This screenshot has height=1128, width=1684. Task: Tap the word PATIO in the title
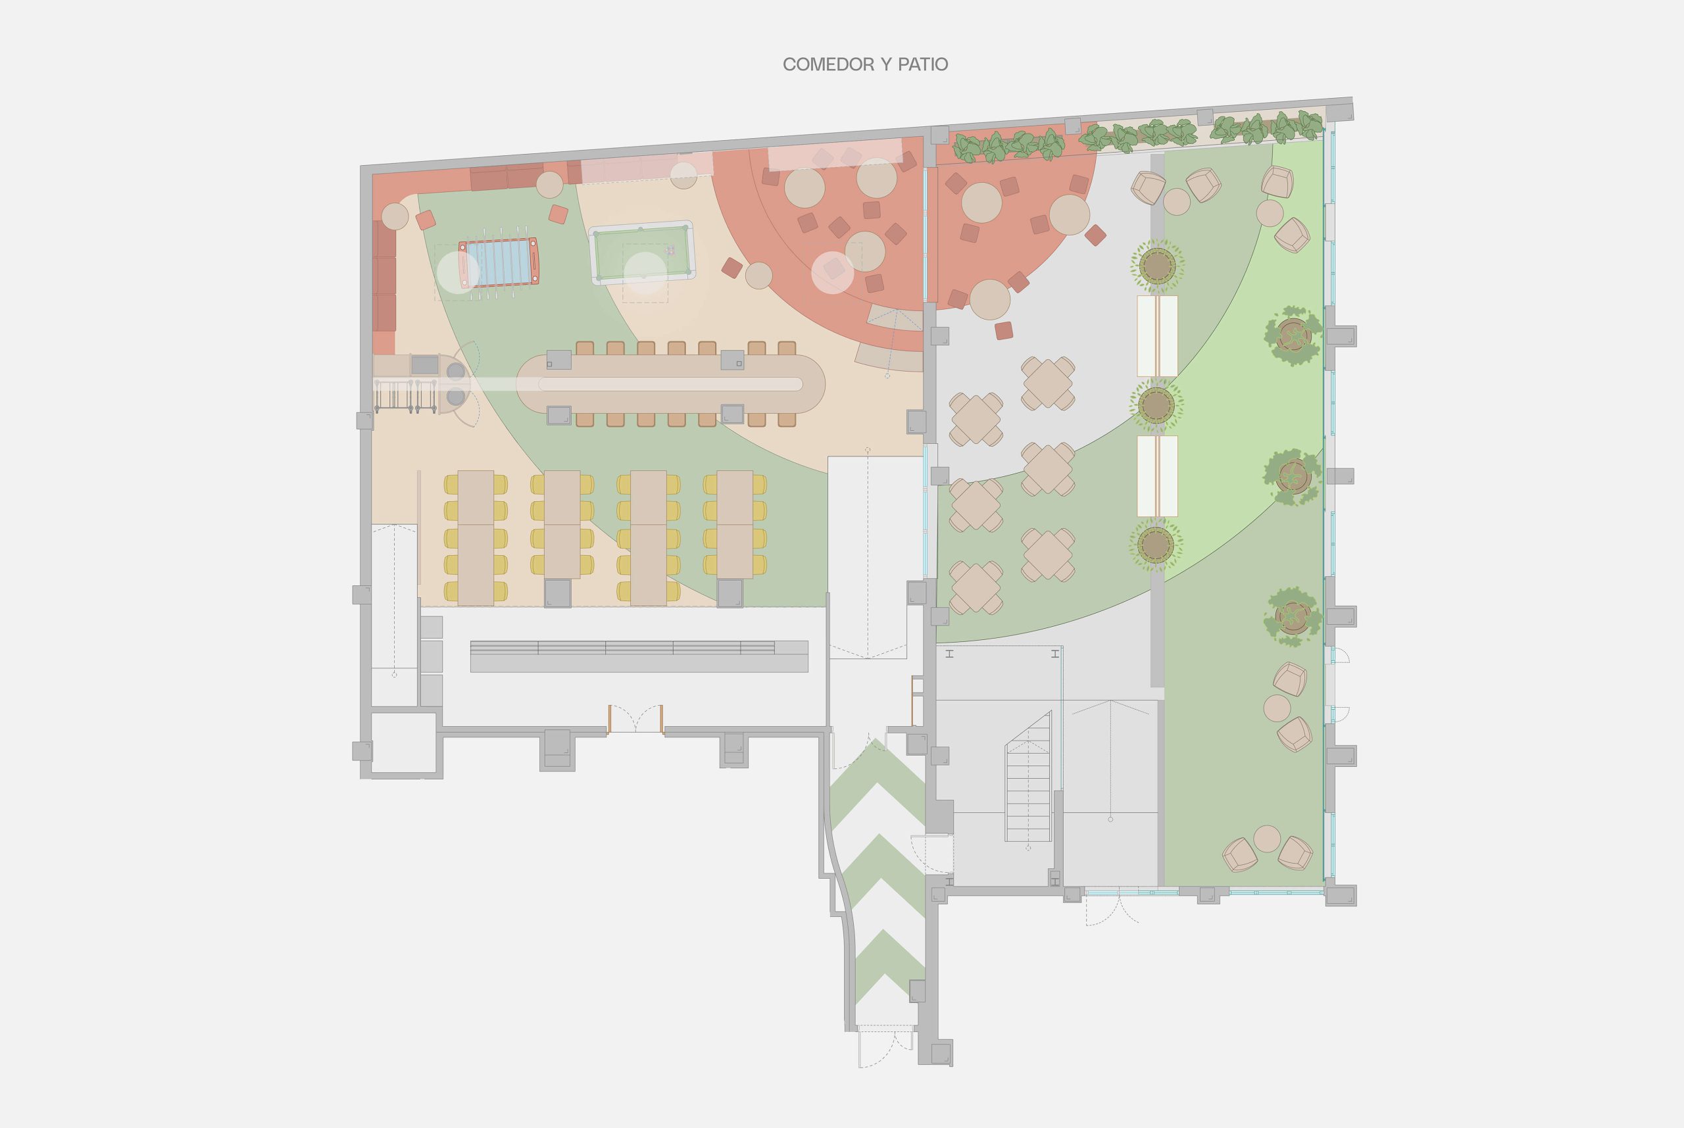coord(922,64)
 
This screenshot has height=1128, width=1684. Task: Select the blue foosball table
coord(499,262)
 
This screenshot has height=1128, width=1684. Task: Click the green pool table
coord(641,253)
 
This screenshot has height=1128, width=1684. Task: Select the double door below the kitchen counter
coord(635,720)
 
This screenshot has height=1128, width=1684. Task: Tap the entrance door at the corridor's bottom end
coord(885,1047)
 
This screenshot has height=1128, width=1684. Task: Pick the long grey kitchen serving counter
coord(639,656)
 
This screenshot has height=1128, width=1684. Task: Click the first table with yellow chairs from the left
coord(476,537)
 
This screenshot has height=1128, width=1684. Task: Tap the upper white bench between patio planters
coord(1156,336)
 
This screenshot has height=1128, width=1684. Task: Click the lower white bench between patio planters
coord(1156,476)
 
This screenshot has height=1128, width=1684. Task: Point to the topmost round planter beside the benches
coord(1156,266)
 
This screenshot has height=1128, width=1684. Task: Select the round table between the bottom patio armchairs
coord(1267,839)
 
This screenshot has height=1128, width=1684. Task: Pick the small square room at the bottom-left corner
coord(403,743)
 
